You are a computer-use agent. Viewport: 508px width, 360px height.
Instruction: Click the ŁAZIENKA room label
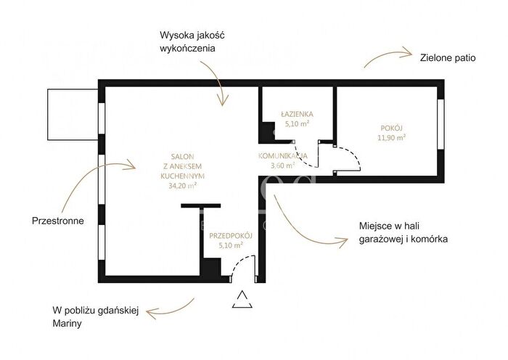297,114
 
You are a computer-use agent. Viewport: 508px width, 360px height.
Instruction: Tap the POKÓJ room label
392,128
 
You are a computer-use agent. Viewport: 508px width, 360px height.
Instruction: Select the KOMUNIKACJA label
283,155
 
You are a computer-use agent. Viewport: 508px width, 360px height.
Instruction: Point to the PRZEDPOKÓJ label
231,236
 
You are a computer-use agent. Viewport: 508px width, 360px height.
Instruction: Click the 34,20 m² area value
183,186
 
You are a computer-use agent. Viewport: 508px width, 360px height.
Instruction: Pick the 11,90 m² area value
392,137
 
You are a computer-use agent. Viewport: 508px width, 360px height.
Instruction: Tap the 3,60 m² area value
283,165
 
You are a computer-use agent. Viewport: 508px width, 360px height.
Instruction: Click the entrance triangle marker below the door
242,300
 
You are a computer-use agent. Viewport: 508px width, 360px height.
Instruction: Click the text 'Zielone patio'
448,58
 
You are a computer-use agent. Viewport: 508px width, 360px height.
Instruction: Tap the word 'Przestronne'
58,221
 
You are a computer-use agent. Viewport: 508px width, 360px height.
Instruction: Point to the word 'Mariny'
67,324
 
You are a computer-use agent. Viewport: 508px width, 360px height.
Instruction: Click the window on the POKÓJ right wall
441,124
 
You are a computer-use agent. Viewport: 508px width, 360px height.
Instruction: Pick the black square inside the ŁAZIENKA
268,131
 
